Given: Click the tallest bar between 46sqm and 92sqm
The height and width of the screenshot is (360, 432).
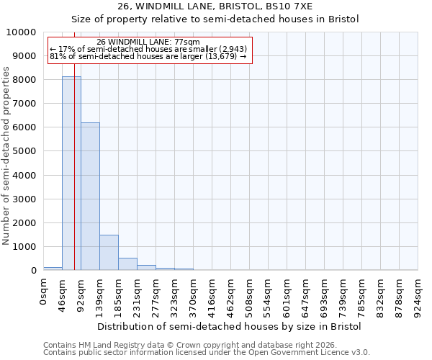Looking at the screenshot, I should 71,173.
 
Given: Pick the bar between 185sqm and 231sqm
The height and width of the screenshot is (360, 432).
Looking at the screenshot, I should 127,264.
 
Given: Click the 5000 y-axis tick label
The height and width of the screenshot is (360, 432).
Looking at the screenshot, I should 24,151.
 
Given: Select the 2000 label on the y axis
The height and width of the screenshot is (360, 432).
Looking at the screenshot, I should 24,222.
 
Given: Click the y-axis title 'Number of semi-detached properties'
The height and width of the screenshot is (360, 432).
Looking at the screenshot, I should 6,156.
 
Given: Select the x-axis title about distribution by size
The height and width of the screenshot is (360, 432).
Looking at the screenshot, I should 230,326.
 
